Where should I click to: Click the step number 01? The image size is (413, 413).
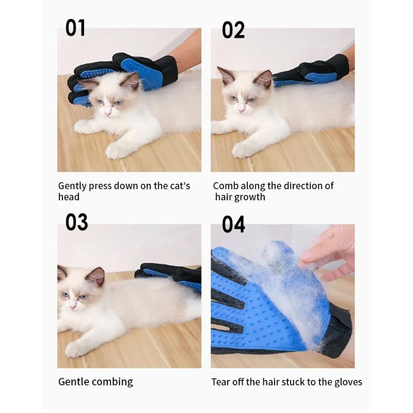point(75,28)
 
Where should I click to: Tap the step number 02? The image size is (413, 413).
point(233,30)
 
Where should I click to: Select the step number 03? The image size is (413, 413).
point(76,222)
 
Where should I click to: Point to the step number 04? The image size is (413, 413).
point(233,224)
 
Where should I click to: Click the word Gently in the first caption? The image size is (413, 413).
point(72,186)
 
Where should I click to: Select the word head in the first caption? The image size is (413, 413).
point(69,197)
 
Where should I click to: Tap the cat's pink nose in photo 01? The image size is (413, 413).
point(108,113)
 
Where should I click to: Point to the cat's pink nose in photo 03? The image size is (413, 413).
point(72,307)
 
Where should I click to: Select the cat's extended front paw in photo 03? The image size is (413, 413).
point(74,349)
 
